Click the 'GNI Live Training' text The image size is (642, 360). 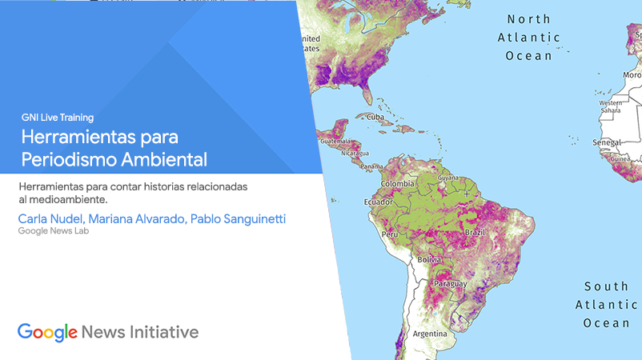[58, 118]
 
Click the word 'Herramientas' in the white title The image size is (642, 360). [79, 137]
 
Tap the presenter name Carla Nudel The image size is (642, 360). [50, 219]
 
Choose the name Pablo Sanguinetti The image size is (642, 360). [238, 219]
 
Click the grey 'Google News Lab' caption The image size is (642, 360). [53, 230]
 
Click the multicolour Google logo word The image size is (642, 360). [47, 333]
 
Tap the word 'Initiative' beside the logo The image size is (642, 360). [164, 332]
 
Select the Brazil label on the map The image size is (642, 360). [475, 232]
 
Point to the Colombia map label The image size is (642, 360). [398, 184]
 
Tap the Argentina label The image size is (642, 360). [430, 334]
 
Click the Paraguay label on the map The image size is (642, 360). [451, 283]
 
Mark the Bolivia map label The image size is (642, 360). [430, 259]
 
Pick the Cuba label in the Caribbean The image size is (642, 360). [375, 117]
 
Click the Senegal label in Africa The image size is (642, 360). [607, 142]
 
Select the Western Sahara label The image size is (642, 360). [611, 106]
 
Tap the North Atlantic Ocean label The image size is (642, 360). [529, 38]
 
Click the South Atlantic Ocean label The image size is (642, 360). [607, 304]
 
